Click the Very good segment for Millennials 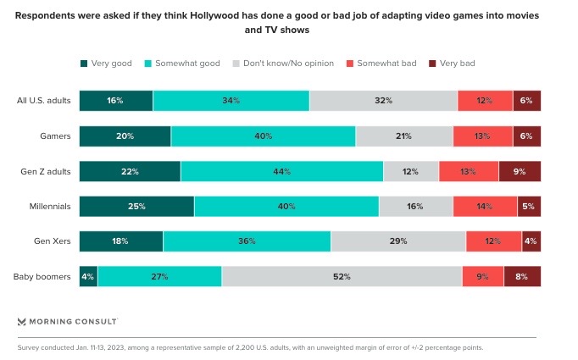pos(136,206)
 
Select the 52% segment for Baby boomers pos(342,277)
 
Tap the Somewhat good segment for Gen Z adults pos(282,171)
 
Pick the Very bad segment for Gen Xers pos(531,241)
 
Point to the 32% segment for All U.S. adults pos(383,101)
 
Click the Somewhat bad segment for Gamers pos(482,136)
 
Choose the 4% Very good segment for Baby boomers pos(88,277)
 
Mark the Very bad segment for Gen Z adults pos(520,171)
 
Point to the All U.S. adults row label pos(44,101)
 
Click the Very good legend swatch pos(84,64)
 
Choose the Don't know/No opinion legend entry pos(288,64)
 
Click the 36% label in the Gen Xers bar pos(247,241)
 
